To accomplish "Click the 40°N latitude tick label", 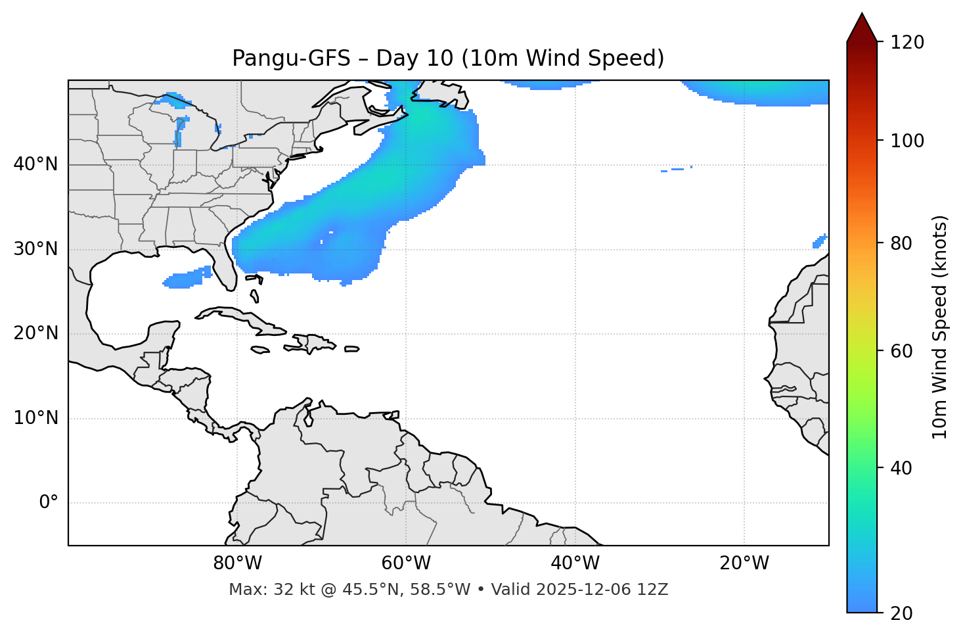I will tap(35, 164).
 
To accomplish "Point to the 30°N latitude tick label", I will tap(35, 249).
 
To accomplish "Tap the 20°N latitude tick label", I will tap(35, 333).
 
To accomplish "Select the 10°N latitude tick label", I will tap(35, 418).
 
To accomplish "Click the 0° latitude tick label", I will tap(49, 503).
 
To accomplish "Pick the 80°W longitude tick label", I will tap(237, 563).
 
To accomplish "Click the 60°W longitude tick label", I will tap(406, 563).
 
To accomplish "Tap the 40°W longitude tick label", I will tap(575, 563).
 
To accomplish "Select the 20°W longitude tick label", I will tap(744, 563).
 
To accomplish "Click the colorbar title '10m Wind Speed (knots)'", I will tap(940, 327).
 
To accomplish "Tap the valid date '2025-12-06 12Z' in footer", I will tap(602, 590).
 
